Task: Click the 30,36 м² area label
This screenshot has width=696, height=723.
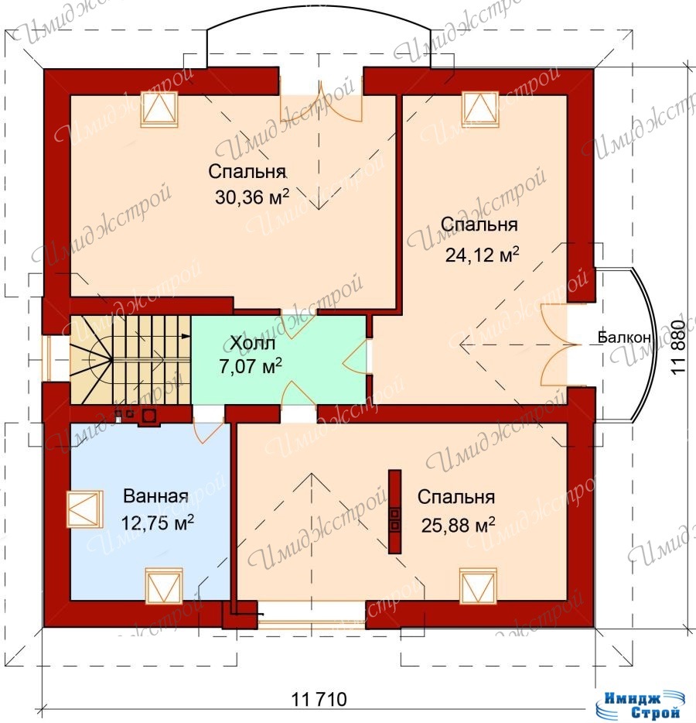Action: click(252, 197)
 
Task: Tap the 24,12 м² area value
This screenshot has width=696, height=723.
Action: click(482, 254)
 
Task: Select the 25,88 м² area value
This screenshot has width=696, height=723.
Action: click(458, 525)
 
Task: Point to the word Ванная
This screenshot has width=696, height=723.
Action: click(155, 496)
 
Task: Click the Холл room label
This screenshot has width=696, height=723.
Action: click(252, 343)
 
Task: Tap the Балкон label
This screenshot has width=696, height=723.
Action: click(624, 337)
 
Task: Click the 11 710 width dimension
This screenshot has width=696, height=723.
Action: click(319, 699)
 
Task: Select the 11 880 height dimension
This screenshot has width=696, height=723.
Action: click(678, 347)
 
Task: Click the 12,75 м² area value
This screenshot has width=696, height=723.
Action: click(157, 523)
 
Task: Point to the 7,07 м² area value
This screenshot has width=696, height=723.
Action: click(251, 367)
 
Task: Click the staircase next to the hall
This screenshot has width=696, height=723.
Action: click(131, 360)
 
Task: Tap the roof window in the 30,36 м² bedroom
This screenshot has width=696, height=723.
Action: click(159, 109)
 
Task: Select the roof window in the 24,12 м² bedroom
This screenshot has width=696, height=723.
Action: click(480, 109)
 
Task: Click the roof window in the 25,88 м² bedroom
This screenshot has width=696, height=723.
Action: click(479, 585)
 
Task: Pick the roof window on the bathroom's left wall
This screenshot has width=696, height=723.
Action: click(85, 509)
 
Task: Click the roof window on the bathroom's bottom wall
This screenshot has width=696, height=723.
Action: click(164, 585)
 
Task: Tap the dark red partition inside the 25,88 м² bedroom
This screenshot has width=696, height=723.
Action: click(394, 512)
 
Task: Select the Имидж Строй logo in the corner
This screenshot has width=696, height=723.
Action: click(639, 704)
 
